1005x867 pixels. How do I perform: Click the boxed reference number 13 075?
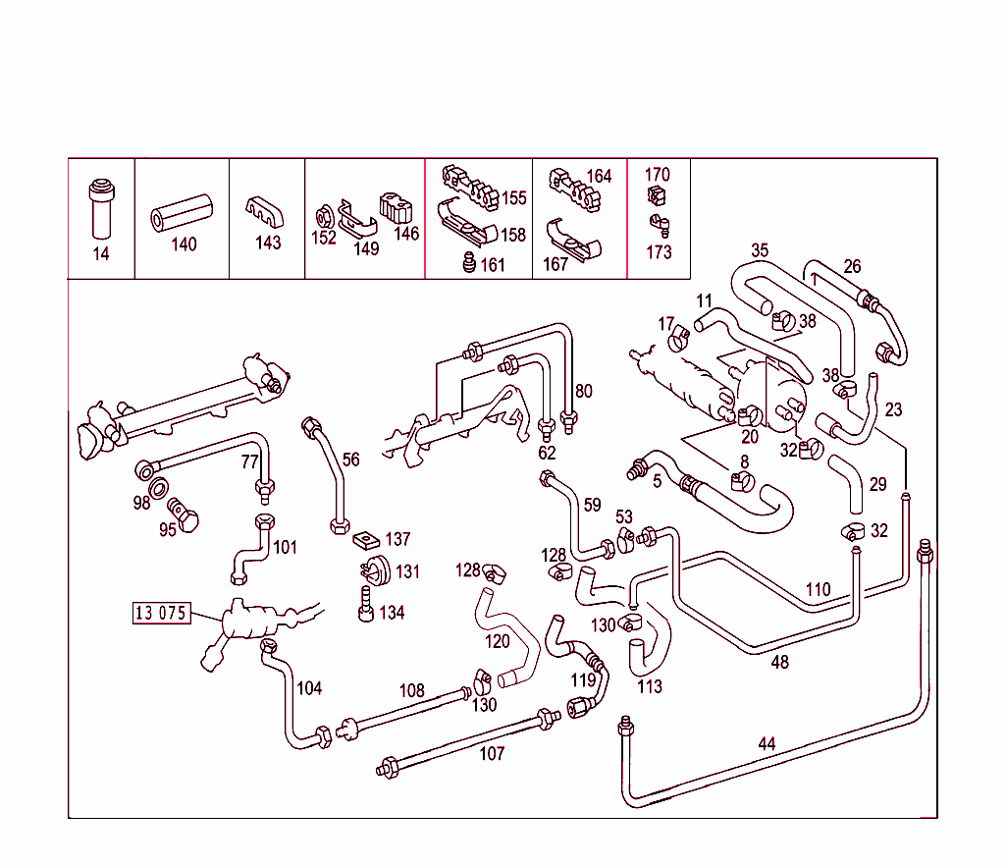(x=160, y=614)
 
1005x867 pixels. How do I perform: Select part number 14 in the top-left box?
(x=101, y=254)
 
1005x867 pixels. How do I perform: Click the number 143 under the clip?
(x=268, y=243)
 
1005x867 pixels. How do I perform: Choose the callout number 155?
(x=514, y=198)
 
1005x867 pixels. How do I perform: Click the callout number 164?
(x=599, y=177)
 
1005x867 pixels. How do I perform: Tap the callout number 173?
(x=660, y=252)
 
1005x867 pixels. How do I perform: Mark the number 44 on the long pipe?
(x=767, y=744)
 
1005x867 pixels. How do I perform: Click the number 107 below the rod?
(x=492, y=754)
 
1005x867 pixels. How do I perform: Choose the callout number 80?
(x=584, y=391)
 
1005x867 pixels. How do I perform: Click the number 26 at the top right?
(x=852, y=266)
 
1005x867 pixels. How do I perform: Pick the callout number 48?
(x=780, y=662)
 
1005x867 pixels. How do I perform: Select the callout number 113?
(x=650, y=687)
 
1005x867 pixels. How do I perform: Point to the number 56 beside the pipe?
(x=351, y=459)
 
